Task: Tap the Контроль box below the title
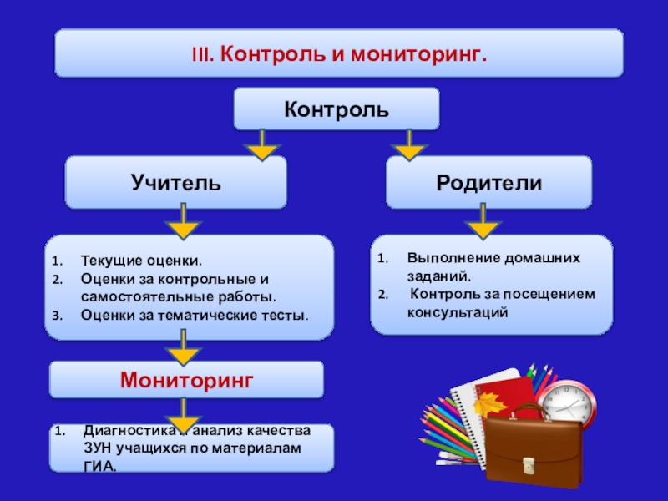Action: coord(336,109)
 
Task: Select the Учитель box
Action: coord(175,182)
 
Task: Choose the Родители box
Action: coord(488,182)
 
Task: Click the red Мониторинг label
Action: coord(186,380)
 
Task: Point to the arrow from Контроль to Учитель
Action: coord(261,145)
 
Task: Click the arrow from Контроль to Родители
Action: coord(408,145)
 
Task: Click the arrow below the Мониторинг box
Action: coord(185,415)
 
